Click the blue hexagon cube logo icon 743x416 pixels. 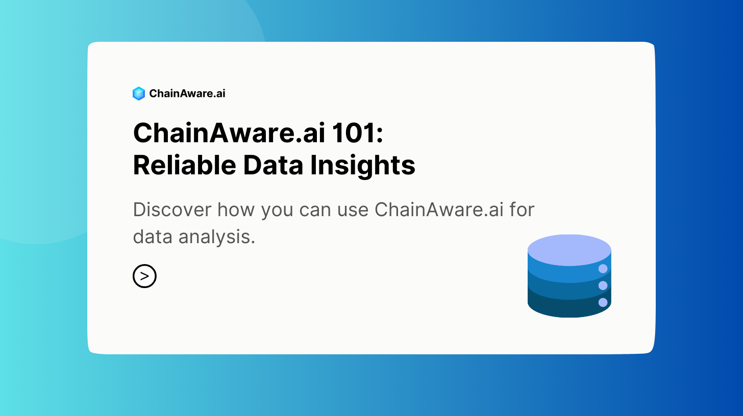click(x=139, y=93)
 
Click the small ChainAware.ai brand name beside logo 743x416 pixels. click(x=187, y=93)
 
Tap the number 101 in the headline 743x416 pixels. click(x=351, y=133)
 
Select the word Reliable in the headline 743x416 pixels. click(x=184, y=165)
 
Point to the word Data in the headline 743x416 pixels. click(x=274, y=165)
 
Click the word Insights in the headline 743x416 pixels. click(x=363, y=166)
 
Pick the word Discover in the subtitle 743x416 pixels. click(x=172, y=210)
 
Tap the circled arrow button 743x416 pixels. click(x=144, y=276)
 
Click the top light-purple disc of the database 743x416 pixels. click(x=569, y=250)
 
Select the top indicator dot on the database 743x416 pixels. click(x=603, y=269)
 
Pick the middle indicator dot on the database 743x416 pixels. click(x=603, y=285)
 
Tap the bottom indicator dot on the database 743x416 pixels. click(x=603, y=302)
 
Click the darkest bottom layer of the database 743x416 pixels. click(x=564, y=308)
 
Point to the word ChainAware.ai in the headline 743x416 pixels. click(x=229, y=133)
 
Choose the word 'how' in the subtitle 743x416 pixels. click(x=236, y=210)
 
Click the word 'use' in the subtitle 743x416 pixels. click(x=353, y=211)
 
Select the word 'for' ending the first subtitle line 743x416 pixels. click(x=522, y=210)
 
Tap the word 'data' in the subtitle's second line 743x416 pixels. click(x=153, y=237)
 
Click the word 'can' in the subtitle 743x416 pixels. click(x=315, y=211)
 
